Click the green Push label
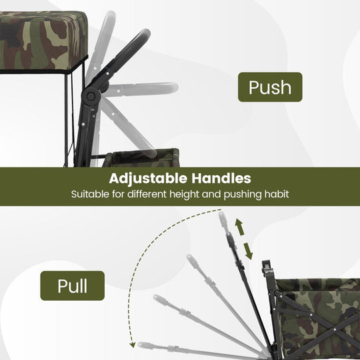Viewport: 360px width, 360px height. click(270, 87)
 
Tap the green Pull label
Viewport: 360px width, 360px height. click(72, 285)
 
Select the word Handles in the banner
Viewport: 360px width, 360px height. click(221, 178)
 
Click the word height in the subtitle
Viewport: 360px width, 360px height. click(185, 195)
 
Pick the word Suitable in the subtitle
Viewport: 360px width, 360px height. click(90, 194)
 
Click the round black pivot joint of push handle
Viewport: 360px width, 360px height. click(91, 97)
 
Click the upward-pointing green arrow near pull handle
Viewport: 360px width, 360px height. click(239, 227)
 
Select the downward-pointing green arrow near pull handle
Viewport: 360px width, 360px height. click(248, 251)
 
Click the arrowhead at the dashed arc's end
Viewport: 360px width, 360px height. click(132, 345)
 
